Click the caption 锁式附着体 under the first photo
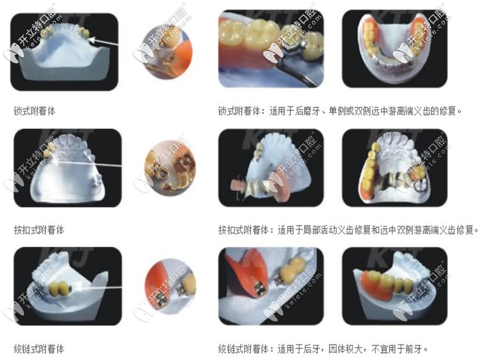point(34,111)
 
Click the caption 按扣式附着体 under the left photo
point(39,230)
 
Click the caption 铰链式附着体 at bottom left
point(39,349)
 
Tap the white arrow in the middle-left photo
point(90,164)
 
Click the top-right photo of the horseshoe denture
point(394,48)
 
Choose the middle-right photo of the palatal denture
point(394,168)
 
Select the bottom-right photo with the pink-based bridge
point(394,286)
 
